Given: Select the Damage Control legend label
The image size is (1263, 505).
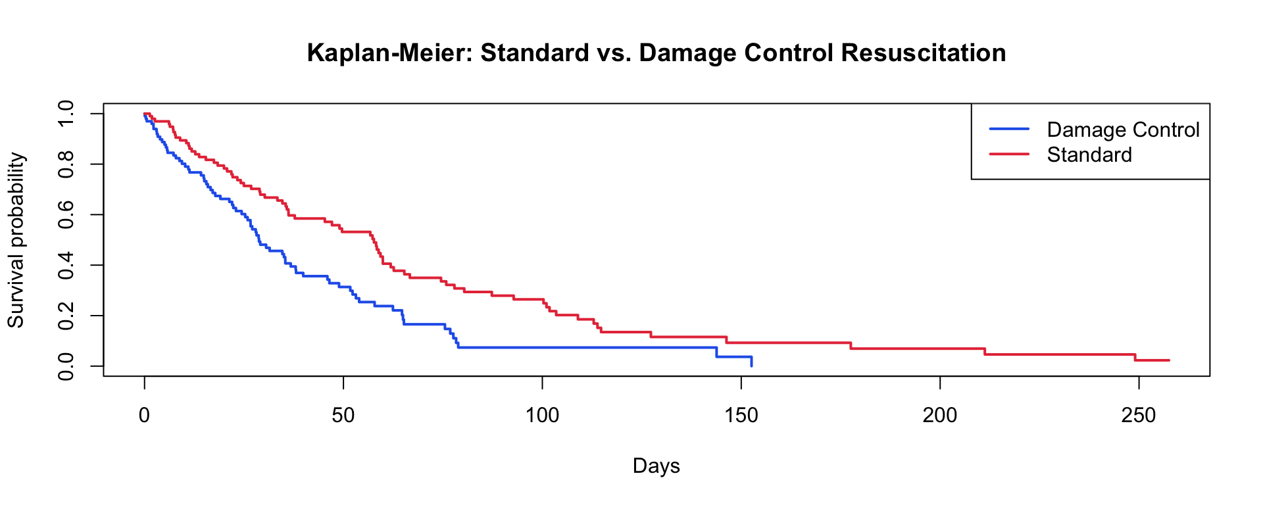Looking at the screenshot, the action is [1123, 130].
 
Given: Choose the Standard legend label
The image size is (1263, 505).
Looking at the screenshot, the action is [1089, 155].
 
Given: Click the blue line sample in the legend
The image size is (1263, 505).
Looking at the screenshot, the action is [1009, 129].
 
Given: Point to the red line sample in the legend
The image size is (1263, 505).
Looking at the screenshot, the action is [1009, 154].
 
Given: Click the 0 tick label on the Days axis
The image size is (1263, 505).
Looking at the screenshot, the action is [144, 416].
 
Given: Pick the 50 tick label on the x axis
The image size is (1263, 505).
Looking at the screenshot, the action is [343, 416].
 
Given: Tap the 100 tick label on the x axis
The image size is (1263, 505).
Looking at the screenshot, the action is [542, 416].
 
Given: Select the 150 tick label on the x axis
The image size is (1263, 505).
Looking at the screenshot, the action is [741, 416].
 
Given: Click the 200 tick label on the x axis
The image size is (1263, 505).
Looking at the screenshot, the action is [940, 416].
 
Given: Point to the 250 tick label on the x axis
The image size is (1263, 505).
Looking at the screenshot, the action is [1139, 416].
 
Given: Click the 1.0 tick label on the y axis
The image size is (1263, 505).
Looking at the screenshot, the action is [66, 114].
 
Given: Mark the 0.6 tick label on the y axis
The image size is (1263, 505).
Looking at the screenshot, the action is [66, 214].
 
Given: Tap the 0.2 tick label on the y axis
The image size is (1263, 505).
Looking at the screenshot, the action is [66, 316].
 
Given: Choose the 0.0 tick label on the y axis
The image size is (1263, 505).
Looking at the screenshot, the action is [66, 366].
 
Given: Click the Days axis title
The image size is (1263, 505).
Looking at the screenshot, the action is [656, 466].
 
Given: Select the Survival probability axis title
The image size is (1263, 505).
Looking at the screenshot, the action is [16, 240].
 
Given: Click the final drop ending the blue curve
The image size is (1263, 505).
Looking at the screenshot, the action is [751, 361].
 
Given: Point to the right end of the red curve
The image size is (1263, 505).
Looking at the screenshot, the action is [1169, 360].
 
